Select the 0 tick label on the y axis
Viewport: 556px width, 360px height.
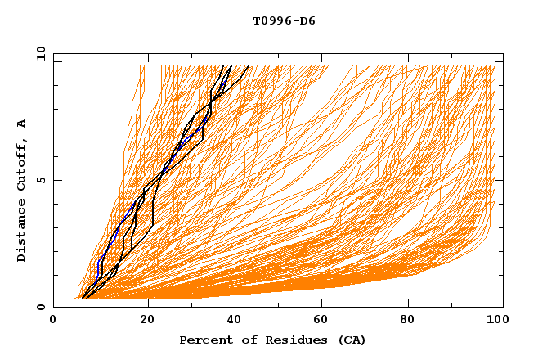(x=41, y=307)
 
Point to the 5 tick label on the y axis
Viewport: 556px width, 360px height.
(x=41, y=180)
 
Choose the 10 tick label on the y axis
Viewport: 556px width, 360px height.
(x=39, y=53)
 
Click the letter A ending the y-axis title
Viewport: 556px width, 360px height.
(x=22, y=124)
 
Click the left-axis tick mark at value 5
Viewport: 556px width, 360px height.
(x=56, y=180)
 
